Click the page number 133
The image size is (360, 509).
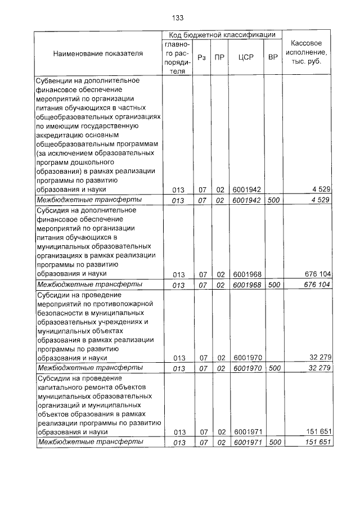coord(178,17)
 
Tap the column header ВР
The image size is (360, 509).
coord(274,57)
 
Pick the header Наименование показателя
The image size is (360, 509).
coord(98,53)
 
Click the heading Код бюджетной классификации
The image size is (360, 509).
coord(223,35)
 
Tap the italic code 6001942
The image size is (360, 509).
coord(247,200)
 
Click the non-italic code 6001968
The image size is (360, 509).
coord(247,274)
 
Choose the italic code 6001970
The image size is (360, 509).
coord(247,367)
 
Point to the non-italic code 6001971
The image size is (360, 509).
coord(247,432)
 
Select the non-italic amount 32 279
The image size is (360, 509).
coord(320,357)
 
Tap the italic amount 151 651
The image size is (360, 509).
coord(318,442)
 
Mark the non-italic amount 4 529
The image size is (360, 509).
coord(322,190)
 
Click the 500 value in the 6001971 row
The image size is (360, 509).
coord(274,442)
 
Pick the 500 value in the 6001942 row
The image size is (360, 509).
coord(274,200)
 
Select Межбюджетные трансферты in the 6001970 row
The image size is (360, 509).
coord(89,367)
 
